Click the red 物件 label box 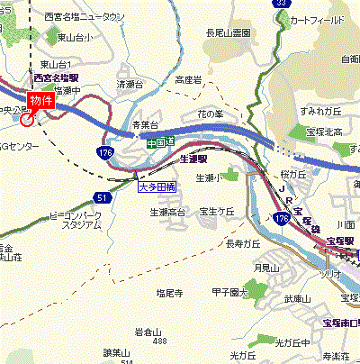point(41,101)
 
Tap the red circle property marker point(28,119)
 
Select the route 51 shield point(102,196)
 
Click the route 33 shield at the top point(282,4)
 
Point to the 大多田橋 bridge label point(157,187)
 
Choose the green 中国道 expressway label point(160,142)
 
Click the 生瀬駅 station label point(194,158)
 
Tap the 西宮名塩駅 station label point(52,77)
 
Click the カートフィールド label point(318,19)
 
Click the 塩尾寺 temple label point(169,294)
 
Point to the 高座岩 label point(189,79)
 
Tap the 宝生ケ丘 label point(216,211)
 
